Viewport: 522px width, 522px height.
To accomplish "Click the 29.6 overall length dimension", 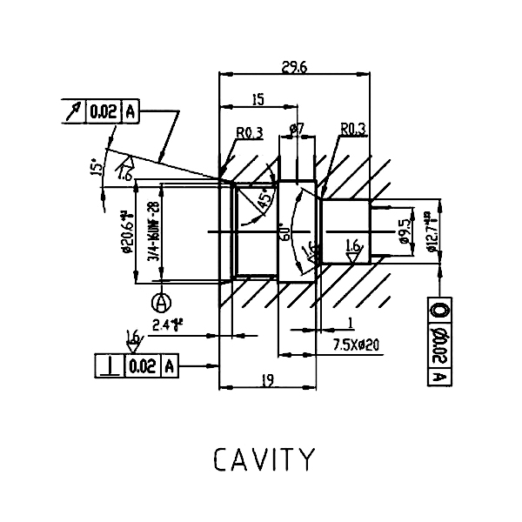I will [295, 67].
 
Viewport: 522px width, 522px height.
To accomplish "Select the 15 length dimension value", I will [258, 100].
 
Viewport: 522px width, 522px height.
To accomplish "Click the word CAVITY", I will [262, 458].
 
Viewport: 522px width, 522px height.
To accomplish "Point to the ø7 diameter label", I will [296, 130].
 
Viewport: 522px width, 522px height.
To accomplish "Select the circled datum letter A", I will [160, 302].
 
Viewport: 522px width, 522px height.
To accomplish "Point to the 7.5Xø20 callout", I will [358, 344].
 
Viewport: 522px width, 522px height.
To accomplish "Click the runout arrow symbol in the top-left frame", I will [73, 111].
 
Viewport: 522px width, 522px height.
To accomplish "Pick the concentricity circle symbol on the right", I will [439, 309].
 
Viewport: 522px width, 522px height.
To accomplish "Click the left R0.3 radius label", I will [250, 132].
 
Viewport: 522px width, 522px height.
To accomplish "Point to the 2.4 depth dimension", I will [165, 325].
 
